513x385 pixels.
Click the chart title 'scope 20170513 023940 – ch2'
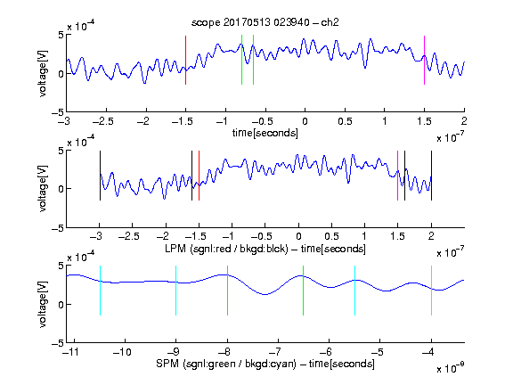pyautogui.click(x=265, y=22)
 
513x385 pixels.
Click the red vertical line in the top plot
pyautogui.click(x=185, y=61)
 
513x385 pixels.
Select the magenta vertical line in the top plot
pyautogui.click(x=424, y=61)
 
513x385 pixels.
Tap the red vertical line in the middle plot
pyautogui.click(x=199, y=176)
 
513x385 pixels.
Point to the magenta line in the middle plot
pyautogui.click(x=397, y=176)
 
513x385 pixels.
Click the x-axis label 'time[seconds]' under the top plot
pyautogui.click(x=265, y=133)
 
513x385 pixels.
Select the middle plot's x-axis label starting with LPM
pyautogui.click(x=265, y=249)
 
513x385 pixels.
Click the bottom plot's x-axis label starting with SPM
pyautogui.click(x=265, y=364)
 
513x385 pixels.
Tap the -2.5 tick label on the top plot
pyautogui.click(x=103, y=121)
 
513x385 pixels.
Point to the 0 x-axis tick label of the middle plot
pyautogui.click(x=298, y=236)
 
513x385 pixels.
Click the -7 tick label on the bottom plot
pyautogui.click(x=275, y=352)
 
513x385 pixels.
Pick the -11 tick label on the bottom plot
pyautogui.click(x=71, y=352)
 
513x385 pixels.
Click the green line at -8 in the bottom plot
pyautogui.click(x=227, y=291)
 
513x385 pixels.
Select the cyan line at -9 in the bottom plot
pyautogui.click(x=175, y=291)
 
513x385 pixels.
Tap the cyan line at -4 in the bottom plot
pyautogui.click(x=431, y=291)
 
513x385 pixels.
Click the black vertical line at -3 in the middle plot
pyautogui.click(x=100, y=176)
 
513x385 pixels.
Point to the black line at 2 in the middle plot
pyautogui.click(x=431, y=176)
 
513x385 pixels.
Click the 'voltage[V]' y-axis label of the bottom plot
pyautogui.click(x=43, y=304)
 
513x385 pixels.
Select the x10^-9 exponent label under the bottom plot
pyautogui.click(x=450, y=367)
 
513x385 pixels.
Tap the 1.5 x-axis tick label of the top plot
pyautogui.click(x=424, y=121)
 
